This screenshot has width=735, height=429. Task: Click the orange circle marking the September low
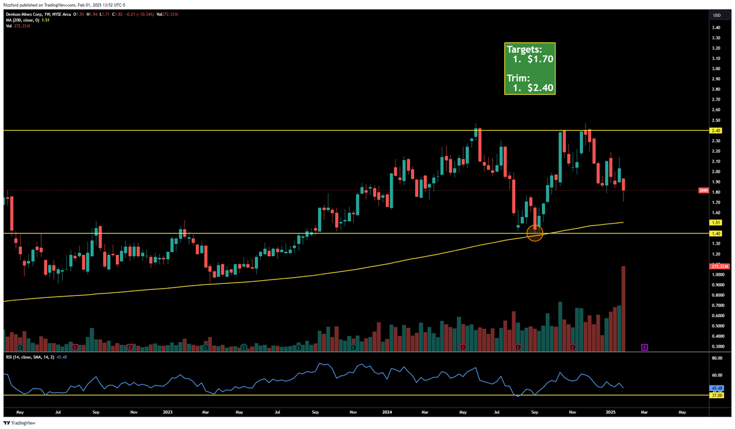535,233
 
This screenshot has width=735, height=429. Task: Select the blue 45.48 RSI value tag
717,388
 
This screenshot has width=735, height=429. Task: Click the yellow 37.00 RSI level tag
717,395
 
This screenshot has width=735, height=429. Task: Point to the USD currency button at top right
716,15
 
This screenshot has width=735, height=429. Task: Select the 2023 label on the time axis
167,412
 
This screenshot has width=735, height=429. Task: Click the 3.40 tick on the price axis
715,28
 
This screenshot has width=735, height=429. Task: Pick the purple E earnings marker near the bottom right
644,347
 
